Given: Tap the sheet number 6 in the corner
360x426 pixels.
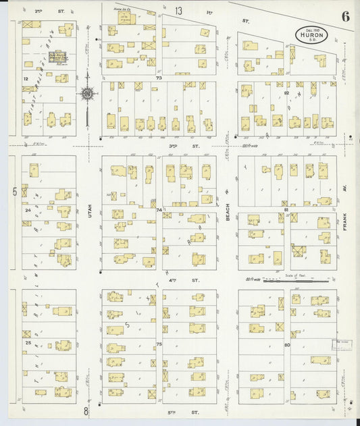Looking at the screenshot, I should coord(345,17).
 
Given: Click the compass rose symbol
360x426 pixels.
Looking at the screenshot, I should coord(87,93).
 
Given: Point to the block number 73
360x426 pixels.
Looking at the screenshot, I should coord(159,78).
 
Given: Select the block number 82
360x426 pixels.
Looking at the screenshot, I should coord(286,92).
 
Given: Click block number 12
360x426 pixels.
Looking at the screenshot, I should coord(26,79).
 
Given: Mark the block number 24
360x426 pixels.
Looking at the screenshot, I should coord(28,210).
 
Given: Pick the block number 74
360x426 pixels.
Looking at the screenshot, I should coord(159,210).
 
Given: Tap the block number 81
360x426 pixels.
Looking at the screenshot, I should coord(286,210).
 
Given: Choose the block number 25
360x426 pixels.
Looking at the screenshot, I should coord(28,344).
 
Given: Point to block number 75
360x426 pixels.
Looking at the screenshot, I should coord(159,344).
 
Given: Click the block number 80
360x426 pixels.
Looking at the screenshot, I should coord(286,344).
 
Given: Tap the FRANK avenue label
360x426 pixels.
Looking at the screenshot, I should coord(344,221).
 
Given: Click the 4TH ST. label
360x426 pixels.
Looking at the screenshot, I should coord(195,279).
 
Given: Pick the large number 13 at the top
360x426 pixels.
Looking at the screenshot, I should coord(178,11).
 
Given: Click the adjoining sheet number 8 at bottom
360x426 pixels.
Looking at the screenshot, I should coord(86,410).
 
